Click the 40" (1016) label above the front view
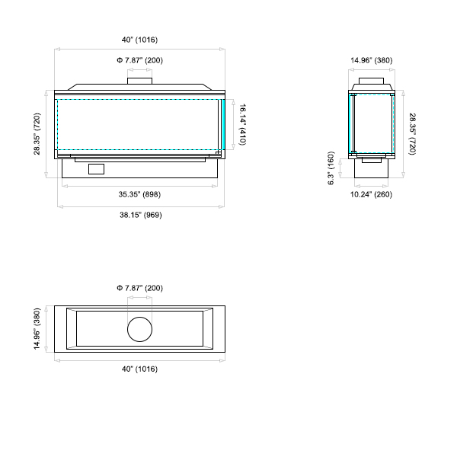point(139,40)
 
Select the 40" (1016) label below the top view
point(139,369)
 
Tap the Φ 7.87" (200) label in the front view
point(139,60)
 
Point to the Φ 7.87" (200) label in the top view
point(139,288)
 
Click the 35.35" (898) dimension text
point(139,194)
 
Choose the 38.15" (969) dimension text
point(141,215)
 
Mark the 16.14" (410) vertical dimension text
point(242,124)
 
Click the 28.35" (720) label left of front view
point(37,134)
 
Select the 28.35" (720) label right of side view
point(412,134)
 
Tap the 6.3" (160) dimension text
point(331,168)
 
